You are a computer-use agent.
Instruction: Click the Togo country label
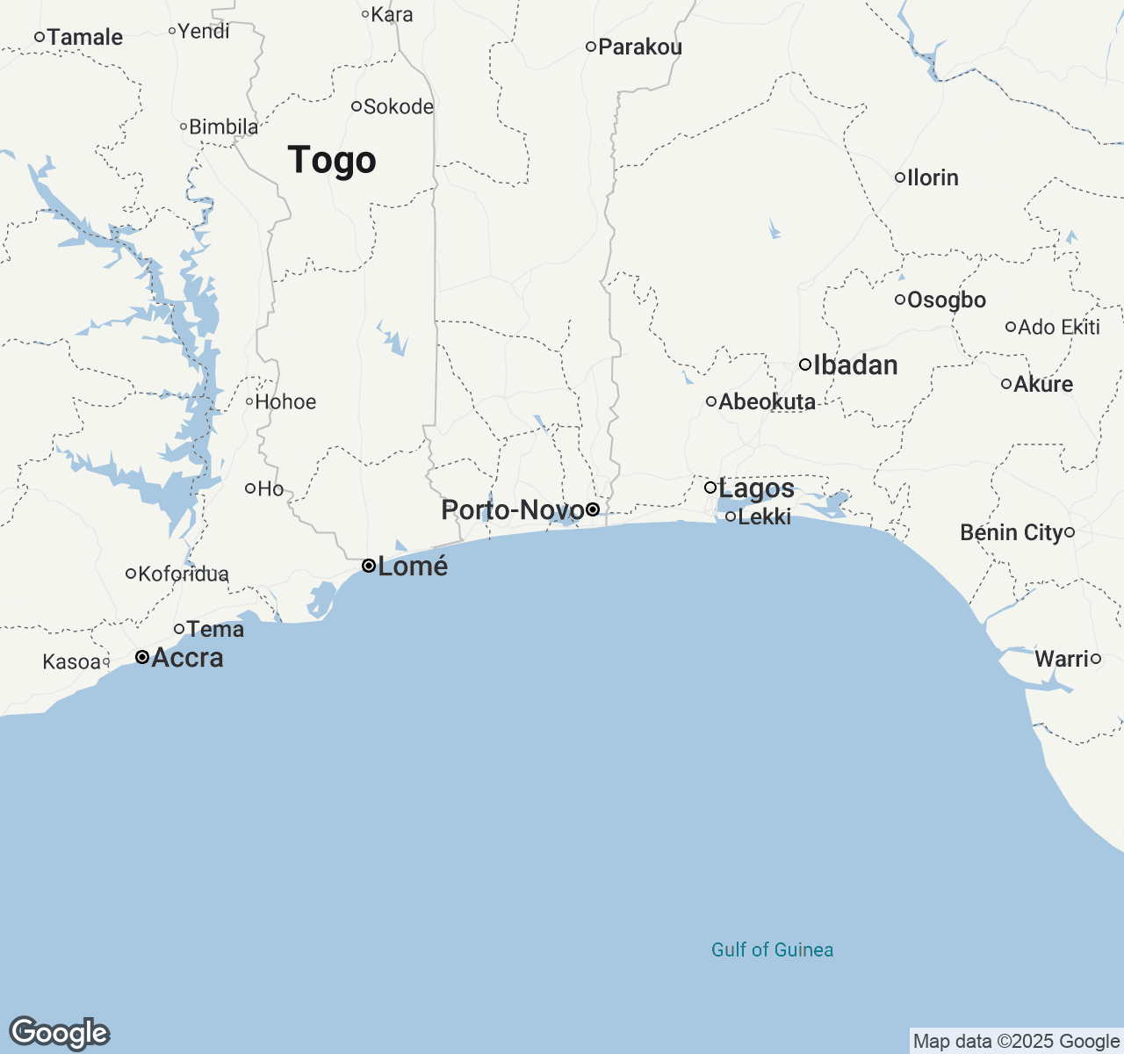332,160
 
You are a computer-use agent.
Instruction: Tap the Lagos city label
756,488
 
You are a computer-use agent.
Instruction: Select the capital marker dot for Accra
141,657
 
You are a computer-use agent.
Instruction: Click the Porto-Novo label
512,509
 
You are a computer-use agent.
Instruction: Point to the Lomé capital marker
369,566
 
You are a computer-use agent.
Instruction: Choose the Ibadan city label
855,365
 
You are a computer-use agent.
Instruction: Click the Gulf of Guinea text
772,949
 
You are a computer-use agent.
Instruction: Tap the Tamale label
84,37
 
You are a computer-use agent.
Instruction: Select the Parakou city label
639,47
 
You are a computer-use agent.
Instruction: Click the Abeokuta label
767,401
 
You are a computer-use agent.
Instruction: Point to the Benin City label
1011,532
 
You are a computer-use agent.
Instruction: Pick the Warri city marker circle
1096,659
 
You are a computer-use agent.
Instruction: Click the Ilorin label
932,177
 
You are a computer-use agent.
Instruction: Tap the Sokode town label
398,106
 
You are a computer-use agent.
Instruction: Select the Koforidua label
183,574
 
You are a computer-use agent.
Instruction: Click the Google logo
59,1033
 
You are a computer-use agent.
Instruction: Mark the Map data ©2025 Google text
1016,1042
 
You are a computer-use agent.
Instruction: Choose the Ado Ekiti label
1058,327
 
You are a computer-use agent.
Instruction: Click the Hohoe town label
285,401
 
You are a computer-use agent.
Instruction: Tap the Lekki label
764,516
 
